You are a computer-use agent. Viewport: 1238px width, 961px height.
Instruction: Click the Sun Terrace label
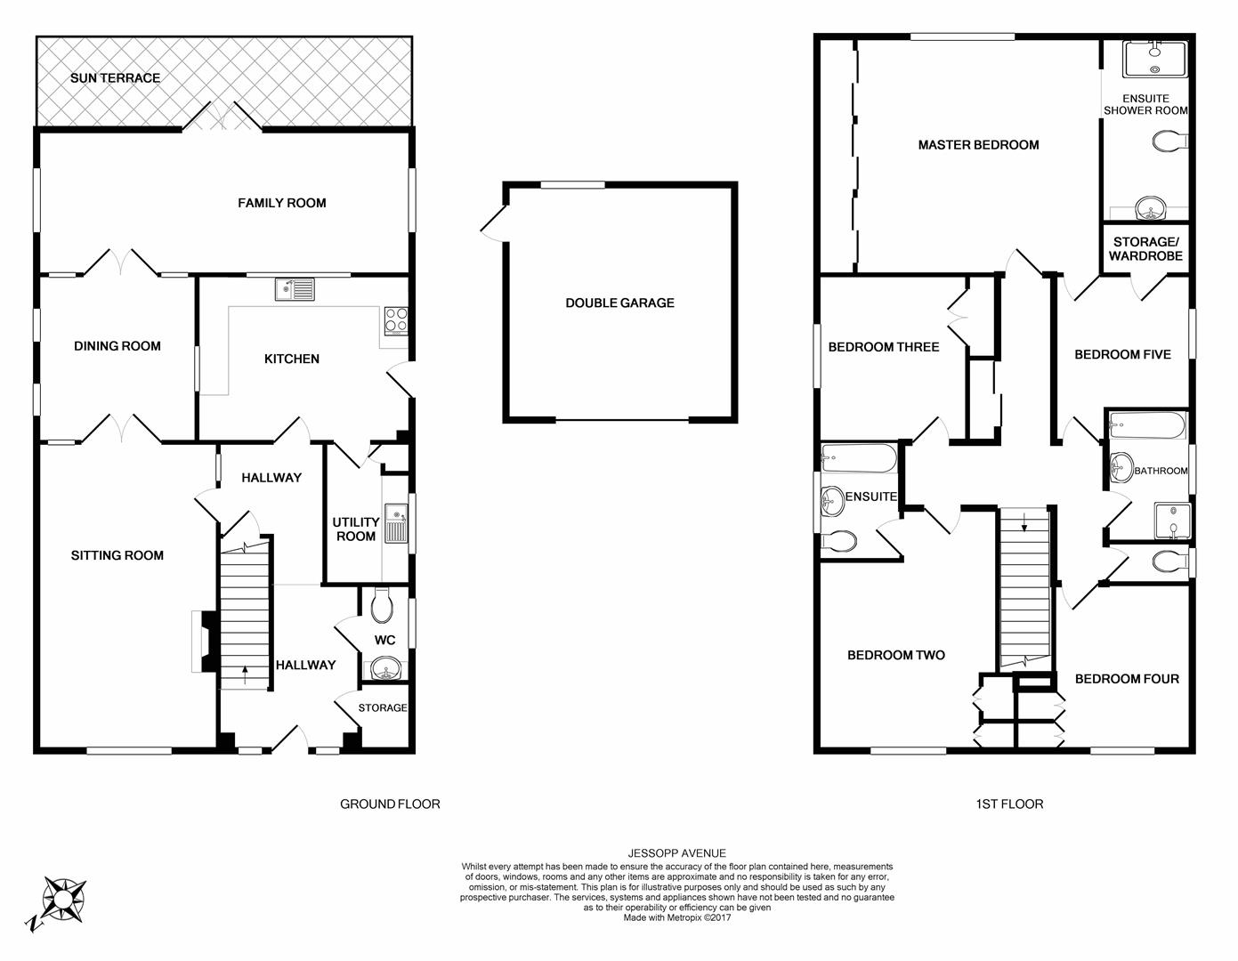click(115, 78)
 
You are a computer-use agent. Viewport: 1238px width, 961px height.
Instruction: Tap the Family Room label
click(282, 203)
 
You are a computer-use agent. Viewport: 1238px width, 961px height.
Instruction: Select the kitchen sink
click(295, 289)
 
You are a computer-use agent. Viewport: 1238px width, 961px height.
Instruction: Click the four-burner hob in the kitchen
click(396, 320)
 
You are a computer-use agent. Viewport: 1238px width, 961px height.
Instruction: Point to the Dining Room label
click(117, 345)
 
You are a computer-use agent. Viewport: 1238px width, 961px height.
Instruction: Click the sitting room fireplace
click(204, 642)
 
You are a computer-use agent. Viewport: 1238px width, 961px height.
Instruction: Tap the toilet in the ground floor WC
click(381, 605)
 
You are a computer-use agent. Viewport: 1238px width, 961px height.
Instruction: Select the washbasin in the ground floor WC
click(385, 667)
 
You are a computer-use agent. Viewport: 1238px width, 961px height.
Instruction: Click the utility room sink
click(396, 523)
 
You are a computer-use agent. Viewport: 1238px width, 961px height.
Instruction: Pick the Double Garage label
click(619, 303)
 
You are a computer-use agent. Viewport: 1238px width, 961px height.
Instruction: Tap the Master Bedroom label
click(978, 145)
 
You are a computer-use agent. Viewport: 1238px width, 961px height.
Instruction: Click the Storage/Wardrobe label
click(1145, 249)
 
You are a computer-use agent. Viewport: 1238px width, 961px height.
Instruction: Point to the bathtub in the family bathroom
click(1147, 426)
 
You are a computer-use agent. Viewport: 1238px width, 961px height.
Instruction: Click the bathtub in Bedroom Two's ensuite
click(859, 458)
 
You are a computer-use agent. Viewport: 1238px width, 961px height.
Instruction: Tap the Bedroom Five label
click(1122, 355)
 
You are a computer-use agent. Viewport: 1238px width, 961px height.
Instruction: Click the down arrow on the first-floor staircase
click(1024, 521)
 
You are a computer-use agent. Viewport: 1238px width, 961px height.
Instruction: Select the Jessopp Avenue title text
click(676, 853)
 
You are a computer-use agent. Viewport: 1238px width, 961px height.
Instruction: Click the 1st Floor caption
click(1009, 804)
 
